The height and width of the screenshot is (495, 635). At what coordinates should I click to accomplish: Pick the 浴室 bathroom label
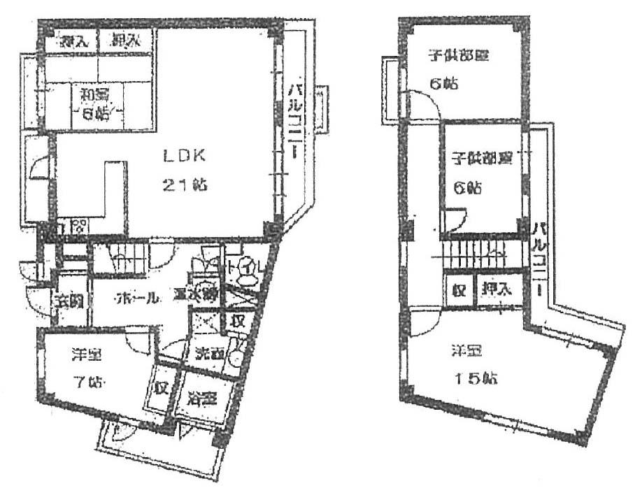click(x=202, y=400)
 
